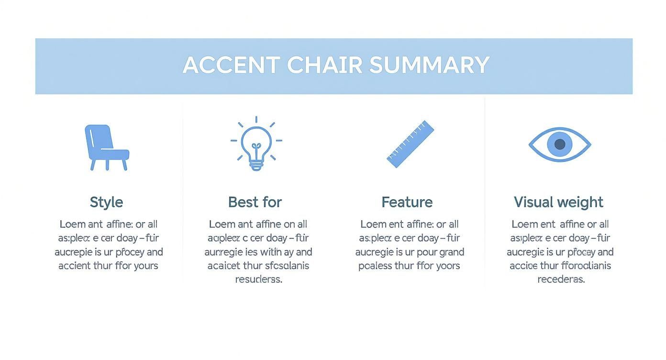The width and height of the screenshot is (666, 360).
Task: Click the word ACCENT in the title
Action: [231, 65]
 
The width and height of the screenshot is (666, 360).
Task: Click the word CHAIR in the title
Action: [324, 65]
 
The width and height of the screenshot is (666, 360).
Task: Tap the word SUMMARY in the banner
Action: [429, 65]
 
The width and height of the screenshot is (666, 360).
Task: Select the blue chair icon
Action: [106, 147]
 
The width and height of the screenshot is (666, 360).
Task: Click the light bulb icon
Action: [256, 143]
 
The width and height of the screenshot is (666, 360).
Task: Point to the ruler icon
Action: [410, 144]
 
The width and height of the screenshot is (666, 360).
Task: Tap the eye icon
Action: [559, 144]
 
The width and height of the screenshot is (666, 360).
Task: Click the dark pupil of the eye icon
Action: [559, 144]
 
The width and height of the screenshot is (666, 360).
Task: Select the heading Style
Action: [106, 202]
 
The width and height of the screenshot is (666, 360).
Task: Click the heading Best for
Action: [255, 202]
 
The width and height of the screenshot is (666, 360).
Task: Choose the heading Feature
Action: [407, 202]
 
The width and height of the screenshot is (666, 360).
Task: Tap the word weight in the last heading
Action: [581, 202]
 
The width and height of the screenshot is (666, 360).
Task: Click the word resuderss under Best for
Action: [258, 280]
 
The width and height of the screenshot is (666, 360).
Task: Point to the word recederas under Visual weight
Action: [561, 280]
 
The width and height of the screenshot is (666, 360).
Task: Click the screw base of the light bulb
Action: [256, 165]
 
